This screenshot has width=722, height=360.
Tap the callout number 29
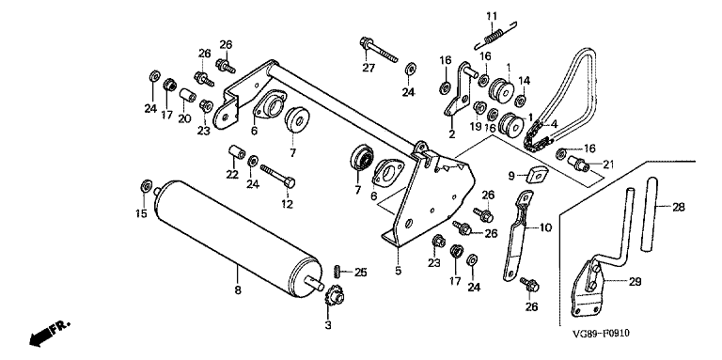click(x=635, y=282)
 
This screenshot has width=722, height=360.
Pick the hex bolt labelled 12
click(x=277, y=176)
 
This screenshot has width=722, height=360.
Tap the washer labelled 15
click(x=146, y=186)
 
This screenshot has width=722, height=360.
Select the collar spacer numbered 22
click(x=236, y=152)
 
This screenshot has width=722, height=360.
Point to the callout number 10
click(x=545, y=227)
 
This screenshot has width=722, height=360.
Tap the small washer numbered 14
click(x=521, y=100)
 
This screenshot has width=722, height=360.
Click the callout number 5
click(x=399, y=271)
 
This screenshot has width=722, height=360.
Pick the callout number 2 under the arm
click(x=451, y=134)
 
